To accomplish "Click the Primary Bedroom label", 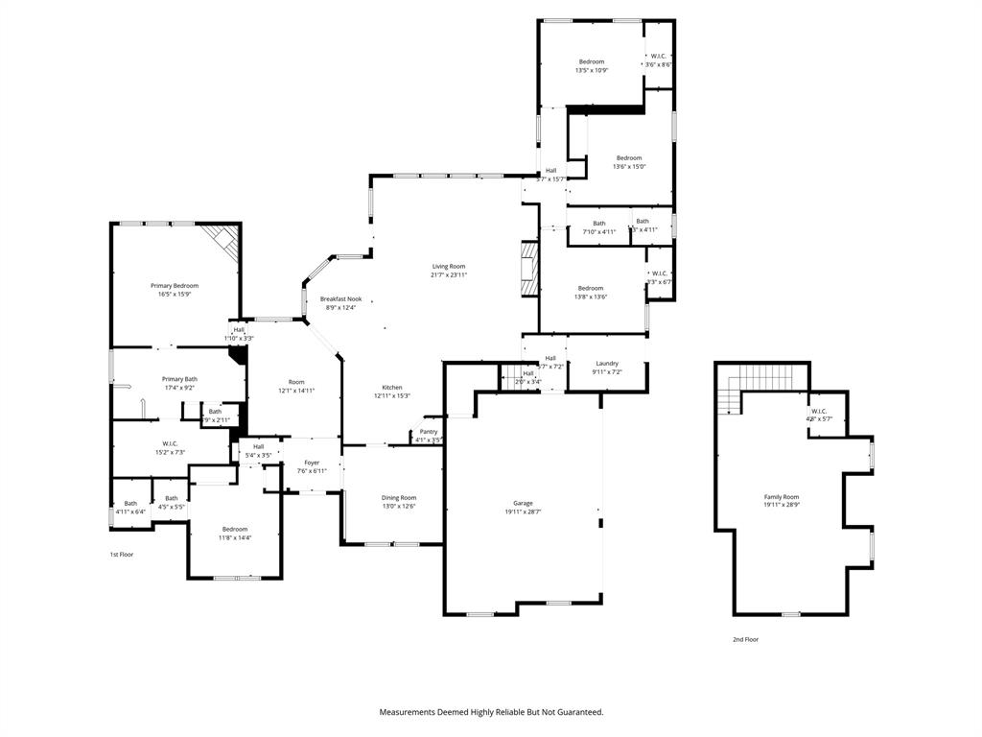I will pyautogui.click(x=175, y=286).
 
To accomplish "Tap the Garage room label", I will pyautogui.click(x=523, y=503).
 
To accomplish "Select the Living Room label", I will pyautogui.click(x=449, y=266).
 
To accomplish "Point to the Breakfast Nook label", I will pyautogui.click(x=340, y=299).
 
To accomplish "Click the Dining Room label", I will pyautogui.click(x=399, y=497).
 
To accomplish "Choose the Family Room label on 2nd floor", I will pyautogui.click(x=781, y=496).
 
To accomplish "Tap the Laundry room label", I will pyautogui.click(x=607, y=363).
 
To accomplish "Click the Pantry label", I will pyautogui.click(x=429, y=432).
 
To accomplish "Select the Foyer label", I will pyautogui.click(x=312, y=463).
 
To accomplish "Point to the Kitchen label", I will pyautogui.click(x=391, y=387).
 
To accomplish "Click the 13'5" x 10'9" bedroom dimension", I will pyautogui.click(x=592, y=70).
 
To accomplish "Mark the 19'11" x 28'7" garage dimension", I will pyautogui.click(x=523, y=512).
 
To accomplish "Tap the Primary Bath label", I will pyautogui.click(x=179, y=379).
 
